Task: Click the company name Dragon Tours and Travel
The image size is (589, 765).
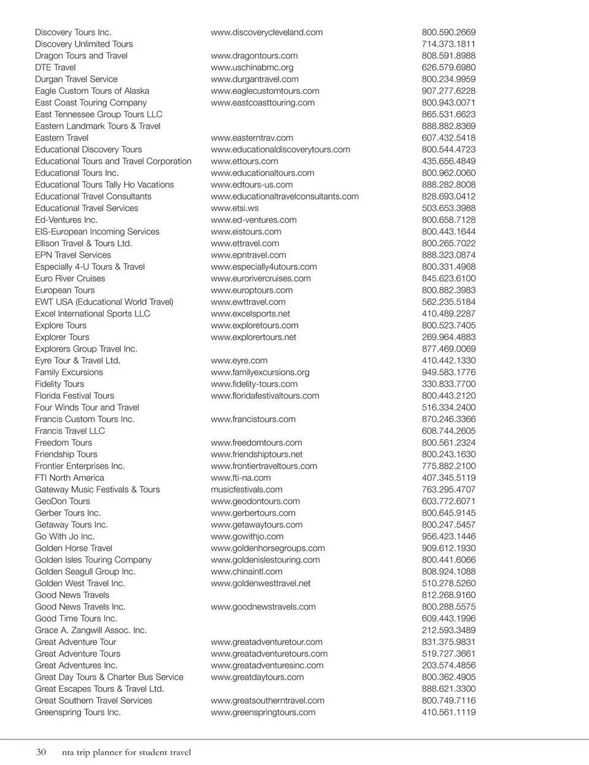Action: [81, 56]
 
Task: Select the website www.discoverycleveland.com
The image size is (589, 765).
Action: [266, 33]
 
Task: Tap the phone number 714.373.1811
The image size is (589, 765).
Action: [448, 44]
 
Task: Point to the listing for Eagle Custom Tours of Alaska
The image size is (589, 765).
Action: [92, 91]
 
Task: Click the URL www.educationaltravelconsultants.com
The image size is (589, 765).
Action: [284, 196]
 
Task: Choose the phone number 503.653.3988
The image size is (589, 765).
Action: [448, 208]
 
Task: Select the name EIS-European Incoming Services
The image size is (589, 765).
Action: [97, 232]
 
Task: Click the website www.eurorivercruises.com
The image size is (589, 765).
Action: [260, 279]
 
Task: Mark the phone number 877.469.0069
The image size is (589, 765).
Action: [448, 349]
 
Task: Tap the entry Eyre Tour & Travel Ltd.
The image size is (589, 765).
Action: [77, 361]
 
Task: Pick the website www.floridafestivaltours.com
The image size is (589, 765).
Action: [264, 396]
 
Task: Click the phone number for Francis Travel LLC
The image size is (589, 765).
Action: [448, 431]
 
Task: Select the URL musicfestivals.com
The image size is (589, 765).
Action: [246, 490]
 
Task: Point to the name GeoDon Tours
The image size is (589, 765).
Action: [62, 501]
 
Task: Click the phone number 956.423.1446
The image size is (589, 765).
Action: [448, 537]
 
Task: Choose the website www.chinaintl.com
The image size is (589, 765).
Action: [246, 572]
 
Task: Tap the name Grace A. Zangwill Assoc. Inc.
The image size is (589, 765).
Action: [90, 631]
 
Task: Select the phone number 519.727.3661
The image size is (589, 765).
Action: [448, 654]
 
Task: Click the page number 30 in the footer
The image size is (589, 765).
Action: [41, 752]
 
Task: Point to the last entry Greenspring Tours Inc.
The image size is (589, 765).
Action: [77, 712]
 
